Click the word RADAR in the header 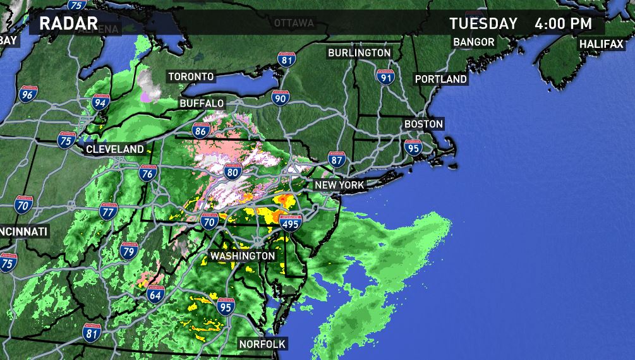click(x=68, y=25)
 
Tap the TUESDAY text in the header click(x=483, y=24)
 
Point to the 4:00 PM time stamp click(x=563, y=24)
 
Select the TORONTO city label click(x=191, y=76)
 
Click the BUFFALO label click(x=202, y=103)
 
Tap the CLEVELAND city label click(x=115, y=149)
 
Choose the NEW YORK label click(x=339, y=185)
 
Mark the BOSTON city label click(x=423, y=124)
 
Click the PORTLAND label click(x=440, y=79)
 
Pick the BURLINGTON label click(x=359, y=53)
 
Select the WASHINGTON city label click(x=243, y=256)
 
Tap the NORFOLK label click(x=262, y=344)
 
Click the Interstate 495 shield click(x=291, y=223)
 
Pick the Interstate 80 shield click(x=232, y=171)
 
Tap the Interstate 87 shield click(x=337, y=159)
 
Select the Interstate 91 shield click(x=385, y=77)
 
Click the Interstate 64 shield click(x=155, y=293)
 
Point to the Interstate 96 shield click(x=27, y=95)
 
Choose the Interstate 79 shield click(x=129, y=252)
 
